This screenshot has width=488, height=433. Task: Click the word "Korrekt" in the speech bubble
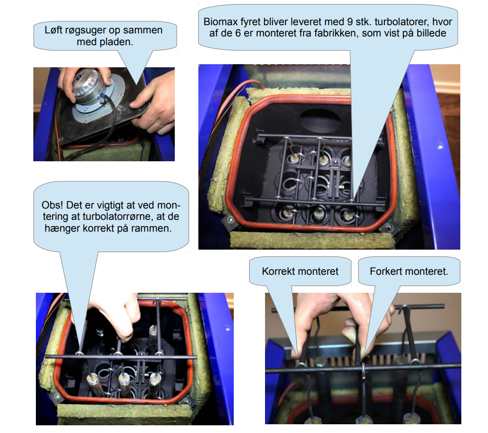(x=278, y=271)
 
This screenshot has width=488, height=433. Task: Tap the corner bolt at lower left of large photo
(x=231, y=220)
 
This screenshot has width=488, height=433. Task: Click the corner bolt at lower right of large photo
(x=389, y=226)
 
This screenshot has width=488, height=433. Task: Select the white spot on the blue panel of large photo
(x=440, y=146)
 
